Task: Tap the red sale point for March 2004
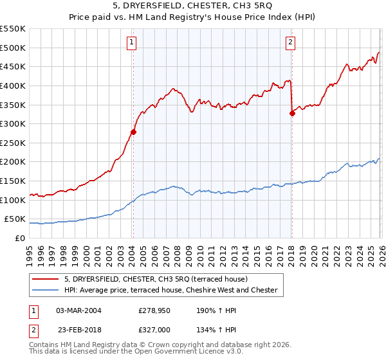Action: pyautogui.click(x=133, y=132)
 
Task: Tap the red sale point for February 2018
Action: pyautogui.click(x=292, y=113)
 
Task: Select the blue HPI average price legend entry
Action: pyautogui.click(x=170, y=291)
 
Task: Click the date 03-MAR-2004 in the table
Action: pyautogui.click(x=78, y=310)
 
